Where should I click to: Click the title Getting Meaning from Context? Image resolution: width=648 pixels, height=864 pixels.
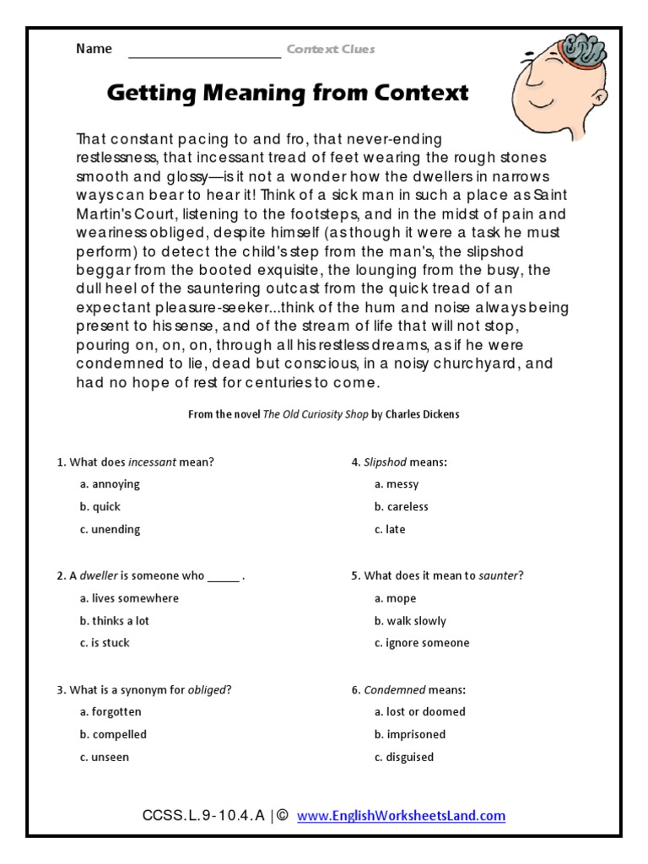(x=287, y=93)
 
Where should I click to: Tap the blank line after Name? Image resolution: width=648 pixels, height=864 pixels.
(x=204, y=52)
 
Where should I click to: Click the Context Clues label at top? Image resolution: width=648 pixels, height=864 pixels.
(x=330, y=49)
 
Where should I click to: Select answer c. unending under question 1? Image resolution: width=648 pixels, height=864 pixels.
(x=110, y=530)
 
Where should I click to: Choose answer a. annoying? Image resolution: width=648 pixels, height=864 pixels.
(x=110, y=484)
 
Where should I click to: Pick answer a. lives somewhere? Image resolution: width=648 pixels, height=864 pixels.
(x=129, y=598)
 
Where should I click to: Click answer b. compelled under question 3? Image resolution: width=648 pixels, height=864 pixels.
(x=113, y=735)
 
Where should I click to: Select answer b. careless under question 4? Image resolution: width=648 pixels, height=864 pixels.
(x=401, y=507)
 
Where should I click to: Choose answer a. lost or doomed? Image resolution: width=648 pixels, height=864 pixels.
(x=418, y=712)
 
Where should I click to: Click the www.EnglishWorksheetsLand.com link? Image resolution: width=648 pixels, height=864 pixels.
(x=401, y=816)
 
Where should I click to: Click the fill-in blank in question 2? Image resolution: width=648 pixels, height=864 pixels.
(x=224, y=576)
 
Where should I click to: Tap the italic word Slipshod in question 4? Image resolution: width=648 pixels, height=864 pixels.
(x=385, y=462)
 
